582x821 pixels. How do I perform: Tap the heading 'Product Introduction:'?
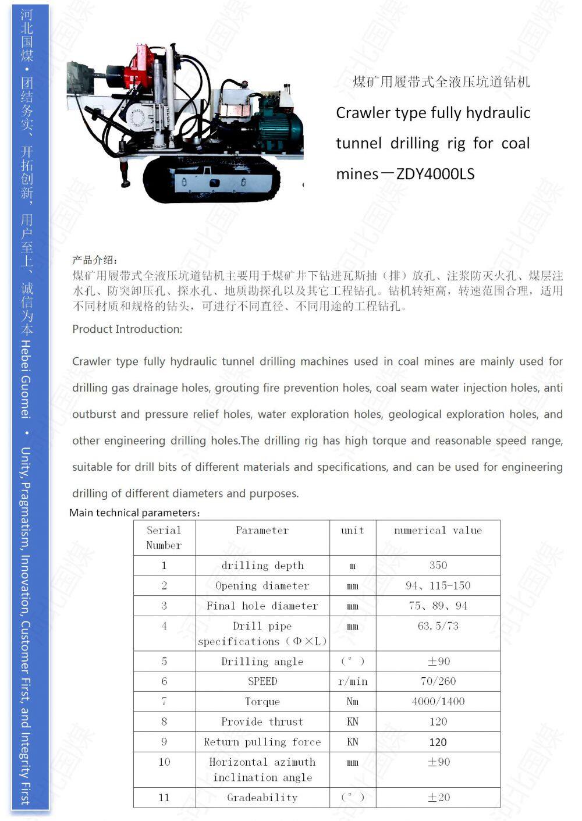point(127,329)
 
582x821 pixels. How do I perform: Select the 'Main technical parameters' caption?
point(134,513)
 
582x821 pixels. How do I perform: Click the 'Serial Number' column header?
point(164,538)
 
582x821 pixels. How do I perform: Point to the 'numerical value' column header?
point(438,530)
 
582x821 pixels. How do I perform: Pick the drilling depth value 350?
point(438,565)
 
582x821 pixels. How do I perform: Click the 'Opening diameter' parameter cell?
point(262,585)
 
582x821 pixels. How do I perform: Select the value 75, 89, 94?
point(438,606)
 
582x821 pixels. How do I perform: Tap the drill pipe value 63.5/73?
point(438,626)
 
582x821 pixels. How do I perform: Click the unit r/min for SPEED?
point(353,681)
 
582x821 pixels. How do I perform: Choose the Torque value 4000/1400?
point(438,702)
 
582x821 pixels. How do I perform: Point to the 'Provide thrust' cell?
point(262,722)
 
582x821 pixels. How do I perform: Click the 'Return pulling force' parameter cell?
point(262,742)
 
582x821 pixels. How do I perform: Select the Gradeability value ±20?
point(438,798)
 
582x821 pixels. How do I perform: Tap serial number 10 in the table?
point(164,762)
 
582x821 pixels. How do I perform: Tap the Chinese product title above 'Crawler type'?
point(441,82)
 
